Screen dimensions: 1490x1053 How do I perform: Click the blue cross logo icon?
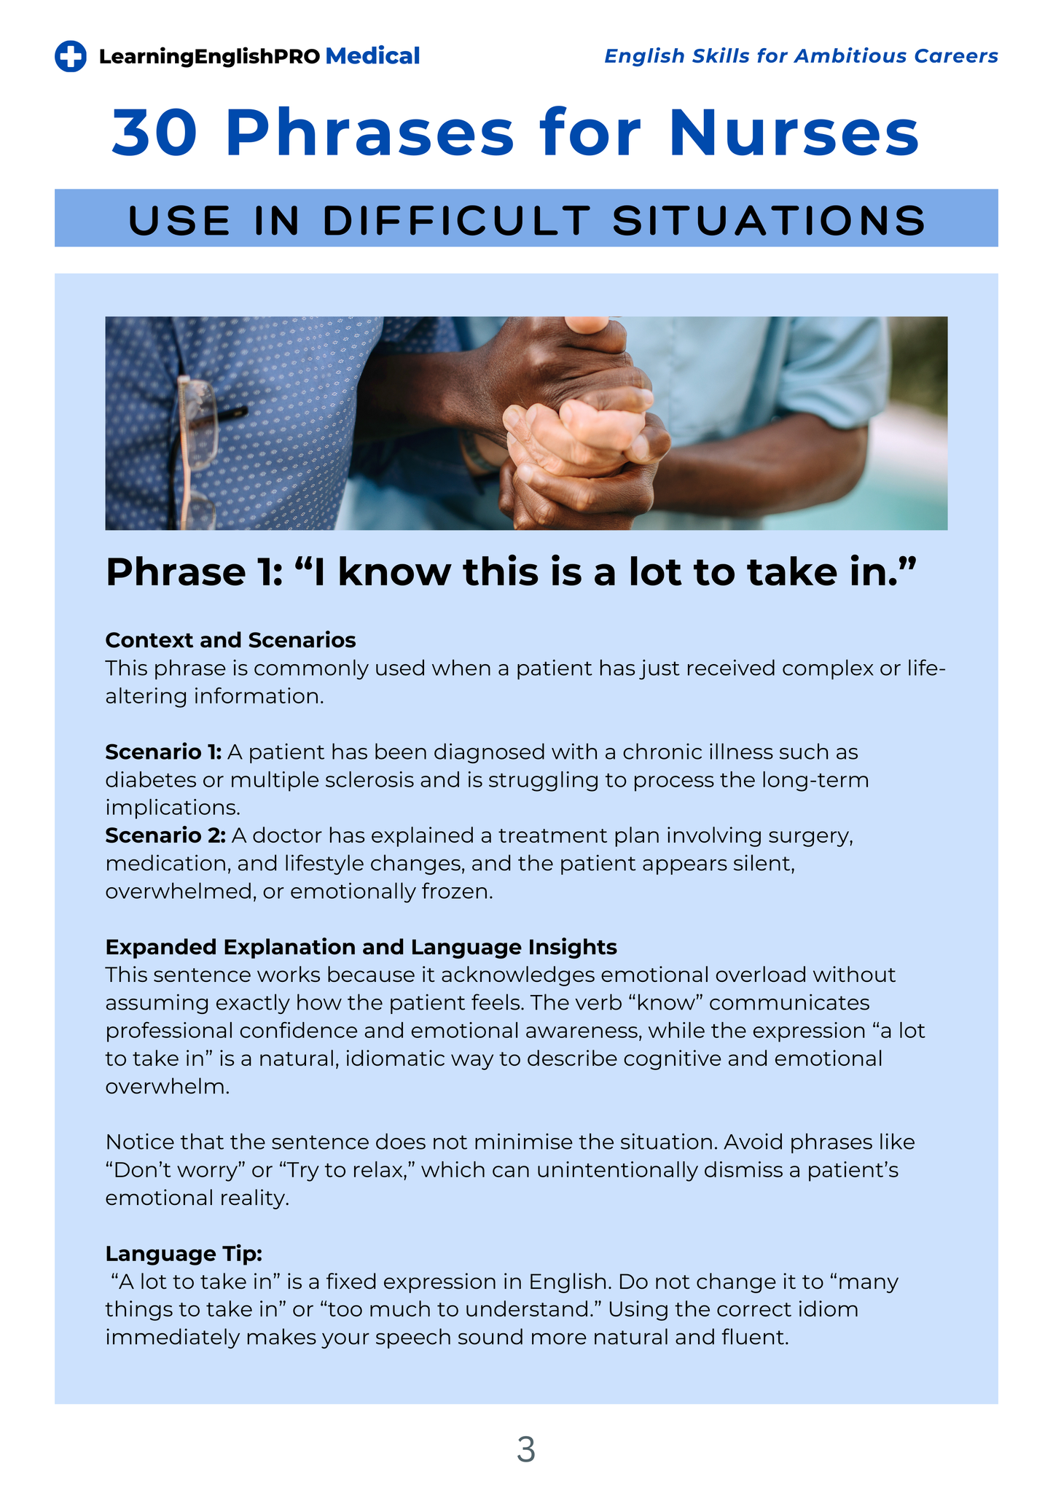(71, 56)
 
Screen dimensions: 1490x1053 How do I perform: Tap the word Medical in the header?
(372, 56)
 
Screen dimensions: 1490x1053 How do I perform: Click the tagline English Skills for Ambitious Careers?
(801, 56)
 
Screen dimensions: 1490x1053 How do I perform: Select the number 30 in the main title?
(154, 133)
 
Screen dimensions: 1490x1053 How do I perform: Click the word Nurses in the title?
(794, 133)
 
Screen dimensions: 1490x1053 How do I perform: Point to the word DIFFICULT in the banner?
(456, 220)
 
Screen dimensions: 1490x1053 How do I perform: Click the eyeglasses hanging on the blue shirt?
(198, 452)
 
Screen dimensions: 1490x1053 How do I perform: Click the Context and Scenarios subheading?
(230, 640)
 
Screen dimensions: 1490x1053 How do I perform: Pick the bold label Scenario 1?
(163, 752)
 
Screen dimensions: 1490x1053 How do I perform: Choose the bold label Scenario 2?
(165, 835)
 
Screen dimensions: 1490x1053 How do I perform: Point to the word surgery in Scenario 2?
(815, 835)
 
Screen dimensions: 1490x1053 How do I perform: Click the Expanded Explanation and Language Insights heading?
(361, 947)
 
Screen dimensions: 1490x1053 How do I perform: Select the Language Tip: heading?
(184, 1254)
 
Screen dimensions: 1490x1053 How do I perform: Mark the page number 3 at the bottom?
(525, 1449)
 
